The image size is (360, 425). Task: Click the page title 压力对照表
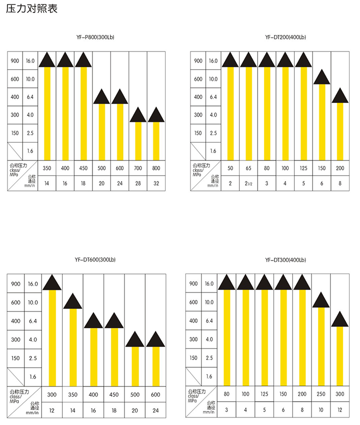(31, 9)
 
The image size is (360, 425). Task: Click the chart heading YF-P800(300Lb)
(95, 37)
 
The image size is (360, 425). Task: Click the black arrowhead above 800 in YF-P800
(156, 115)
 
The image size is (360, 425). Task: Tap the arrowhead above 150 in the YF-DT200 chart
(322, 77)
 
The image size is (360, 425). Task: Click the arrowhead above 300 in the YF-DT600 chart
(52, 283)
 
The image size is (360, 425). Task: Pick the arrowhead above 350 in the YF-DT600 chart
(72, 301)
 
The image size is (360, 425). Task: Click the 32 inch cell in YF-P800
(156, 184)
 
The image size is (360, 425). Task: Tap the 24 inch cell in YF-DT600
(155, 410)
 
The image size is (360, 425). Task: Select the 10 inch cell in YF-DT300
(321, 410)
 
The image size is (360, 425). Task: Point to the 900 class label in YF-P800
(14, 61)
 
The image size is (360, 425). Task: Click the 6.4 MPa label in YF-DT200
(213, 97)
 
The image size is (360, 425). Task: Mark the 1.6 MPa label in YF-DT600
(33, 376)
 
